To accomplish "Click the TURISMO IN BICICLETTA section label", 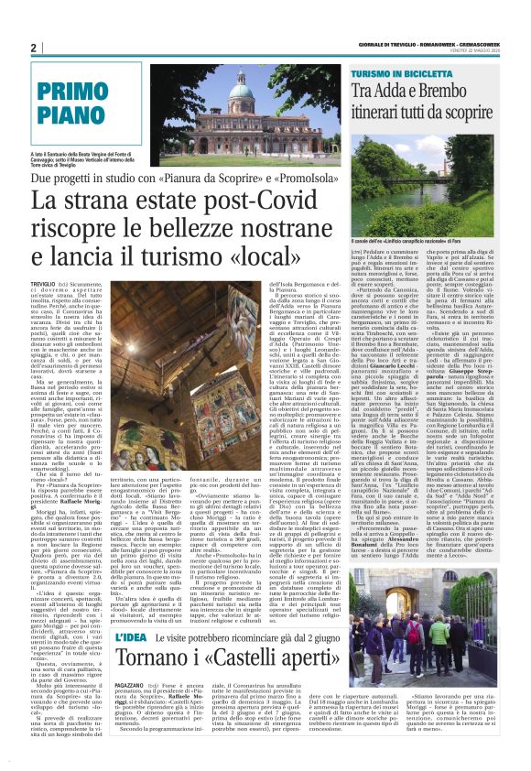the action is tap(402, 71).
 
